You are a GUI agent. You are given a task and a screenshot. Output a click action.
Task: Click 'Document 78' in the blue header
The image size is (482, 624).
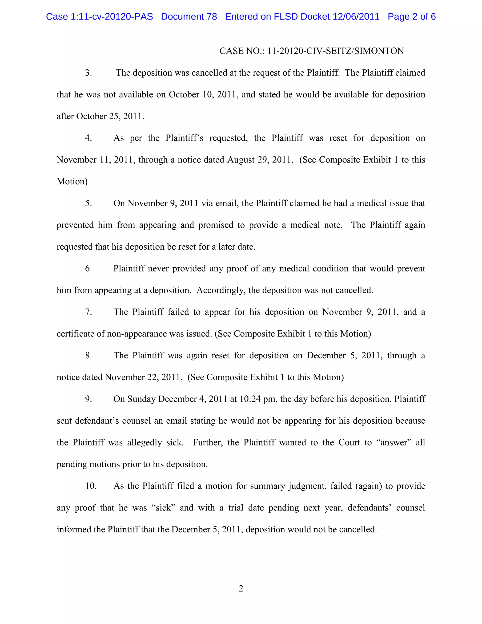(189, 16)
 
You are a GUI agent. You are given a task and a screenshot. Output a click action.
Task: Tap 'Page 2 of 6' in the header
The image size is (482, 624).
(411, 16)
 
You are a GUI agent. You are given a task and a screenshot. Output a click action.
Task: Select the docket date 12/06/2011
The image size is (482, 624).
(356, 16)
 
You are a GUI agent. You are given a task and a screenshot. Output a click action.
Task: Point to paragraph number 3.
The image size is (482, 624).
(88, 73)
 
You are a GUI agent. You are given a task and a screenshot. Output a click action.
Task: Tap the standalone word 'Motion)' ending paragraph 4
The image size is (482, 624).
(72, 181)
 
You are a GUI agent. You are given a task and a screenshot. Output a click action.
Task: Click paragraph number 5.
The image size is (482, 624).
(88, 203)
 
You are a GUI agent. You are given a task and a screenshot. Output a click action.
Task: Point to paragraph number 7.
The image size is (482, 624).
(88, 312)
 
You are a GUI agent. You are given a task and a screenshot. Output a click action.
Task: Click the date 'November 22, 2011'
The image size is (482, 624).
(143, 377)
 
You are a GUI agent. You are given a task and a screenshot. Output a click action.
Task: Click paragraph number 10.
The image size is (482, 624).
(91, 486)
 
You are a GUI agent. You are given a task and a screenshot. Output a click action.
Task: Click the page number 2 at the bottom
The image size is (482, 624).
(241, 589)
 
